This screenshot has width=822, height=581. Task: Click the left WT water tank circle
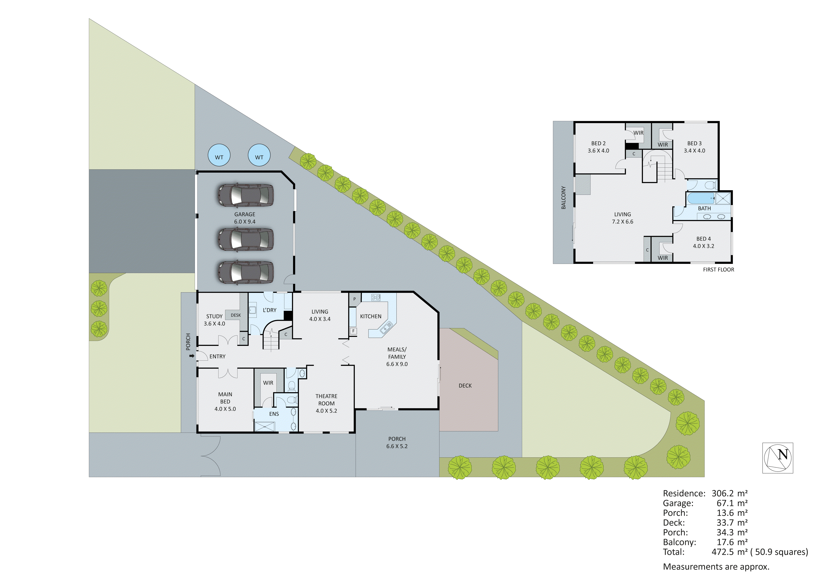219,155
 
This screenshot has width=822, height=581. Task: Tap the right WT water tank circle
259,155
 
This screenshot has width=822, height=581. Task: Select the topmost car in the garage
245,196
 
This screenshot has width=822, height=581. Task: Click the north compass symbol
777,458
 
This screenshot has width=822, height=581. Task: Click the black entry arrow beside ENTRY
192,356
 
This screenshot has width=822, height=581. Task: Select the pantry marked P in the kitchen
354,299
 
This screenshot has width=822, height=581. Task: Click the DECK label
465,385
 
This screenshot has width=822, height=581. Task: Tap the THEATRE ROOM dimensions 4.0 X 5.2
326,411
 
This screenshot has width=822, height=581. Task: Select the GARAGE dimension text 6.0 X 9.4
245,222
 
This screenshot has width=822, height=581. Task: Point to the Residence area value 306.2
722,493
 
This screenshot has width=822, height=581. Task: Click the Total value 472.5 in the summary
722,552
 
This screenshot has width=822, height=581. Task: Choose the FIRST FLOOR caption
718,270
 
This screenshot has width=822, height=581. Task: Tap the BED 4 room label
703,239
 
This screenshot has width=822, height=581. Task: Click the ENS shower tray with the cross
264,427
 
